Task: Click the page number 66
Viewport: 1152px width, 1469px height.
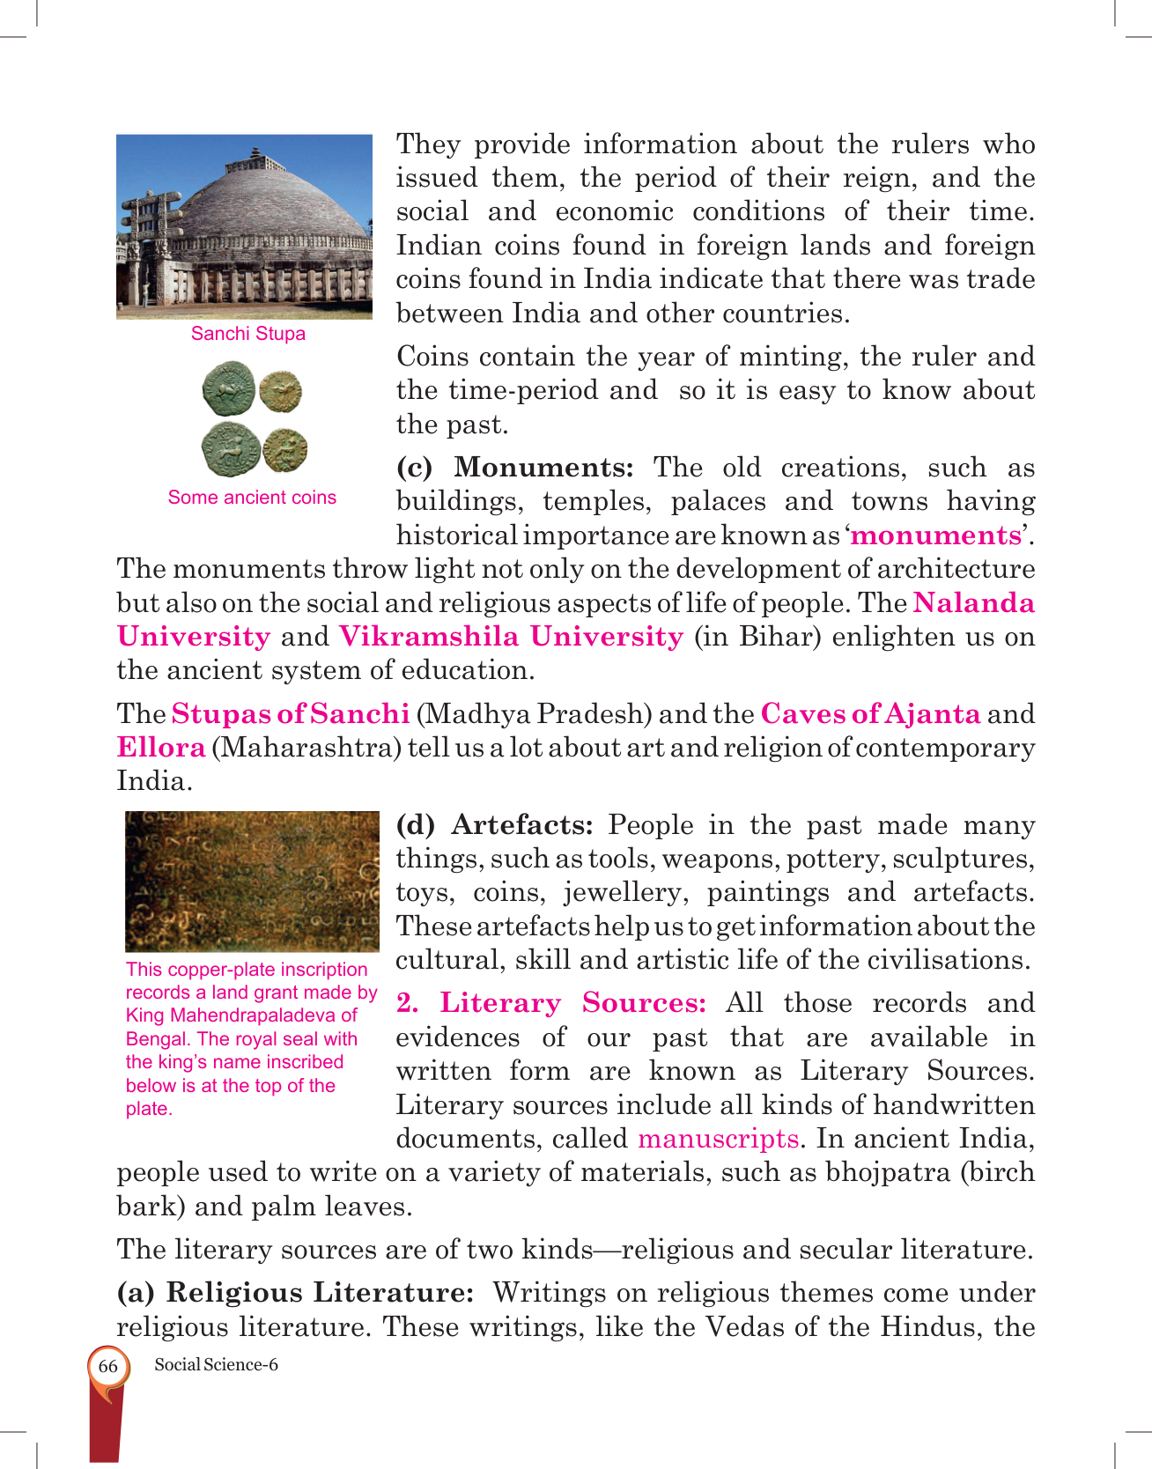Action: [x=107, y=1366]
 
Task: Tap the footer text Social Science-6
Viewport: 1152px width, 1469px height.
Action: [x=216, y=1365]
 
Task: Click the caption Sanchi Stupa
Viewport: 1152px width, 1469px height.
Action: [x=248, y=334]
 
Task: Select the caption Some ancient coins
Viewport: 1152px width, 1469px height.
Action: [x=252, y=498]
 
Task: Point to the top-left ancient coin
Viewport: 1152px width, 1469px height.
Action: [x=228, y=388]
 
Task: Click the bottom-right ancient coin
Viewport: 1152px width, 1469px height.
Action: [x=285, y=450]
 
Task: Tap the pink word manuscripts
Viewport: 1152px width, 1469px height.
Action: [x=718, y=1139]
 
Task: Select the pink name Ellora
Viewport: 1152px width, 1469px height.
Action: [x=161, y=748]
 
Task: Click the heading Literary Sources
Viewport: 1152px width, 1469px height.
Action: [x=550, y=1003]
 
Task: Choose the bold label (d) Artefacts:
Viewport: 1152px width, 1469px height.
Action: [x=494, y=825]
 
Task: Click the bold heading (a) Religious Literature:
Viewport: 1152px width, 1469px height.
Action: [x=296, y=1293]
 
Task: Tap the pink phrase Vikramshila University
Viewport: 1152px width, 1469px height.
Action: [x=511, y=637]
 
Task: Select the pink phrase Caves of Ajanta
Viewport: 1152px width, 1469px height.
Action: [x=870, y=713]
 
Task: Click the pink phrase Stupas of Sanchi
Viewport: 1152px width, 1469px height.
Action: [x=291, y=713]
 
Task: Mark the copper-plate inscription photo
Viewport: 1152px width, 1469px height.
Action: [x=252, y=881]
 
